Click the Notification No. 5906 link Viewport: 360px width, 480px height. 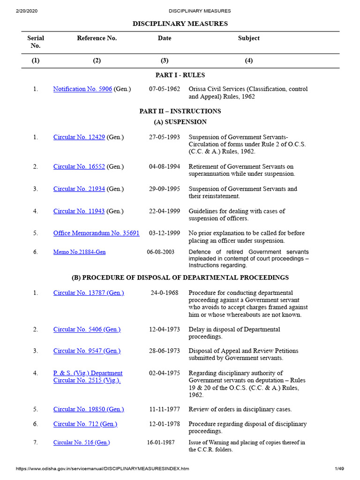[82, 89]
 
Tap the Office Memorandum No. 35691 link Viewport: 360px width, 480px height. [96, 233]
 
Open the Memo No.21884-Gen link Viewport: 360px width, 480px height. [79, 252]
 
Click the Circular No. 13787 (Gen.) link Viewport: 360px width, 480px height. [89, 293]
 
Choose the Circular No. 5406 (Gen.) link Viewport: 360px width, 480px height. [87, 330]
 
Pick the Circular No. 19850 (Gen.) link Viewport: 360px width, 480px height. [89, 409]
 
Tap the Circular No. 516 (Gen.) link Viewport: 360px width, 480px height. [82, 442]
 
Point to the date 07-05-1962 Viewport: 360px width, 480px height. [165, 89]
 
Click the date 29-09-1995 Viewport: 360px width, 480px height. [165, 189]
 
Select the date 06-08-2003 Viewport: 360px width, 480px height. [161, 252]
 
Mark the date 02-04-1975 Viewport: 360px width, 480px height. [165, 373]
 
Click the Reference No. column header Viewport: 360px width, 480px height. [97, 38]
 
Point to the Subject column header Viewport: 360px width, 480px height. [248, 38]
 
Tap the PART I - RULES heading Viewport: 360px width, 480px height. [180, 75]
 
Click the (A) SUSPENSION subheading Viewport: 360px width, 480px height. [180, 122]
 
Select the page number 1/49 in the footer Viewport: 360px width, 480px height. [339, 469]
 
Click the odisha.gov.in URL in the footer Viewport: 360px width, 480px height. [103, 469]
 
